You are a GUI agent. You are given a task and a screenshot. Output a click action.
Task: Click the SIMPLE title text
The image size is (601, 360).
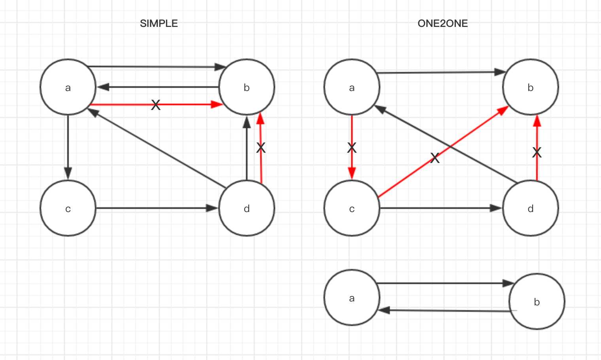click(x=159, y=24)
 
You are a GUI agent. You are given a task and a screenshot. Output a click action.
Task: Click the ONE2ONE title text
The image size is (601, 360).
click(x=442, y=24)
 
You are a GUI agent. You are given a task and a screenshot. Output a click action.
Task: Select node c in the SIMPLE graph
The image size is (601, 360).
click(x=68, y=208)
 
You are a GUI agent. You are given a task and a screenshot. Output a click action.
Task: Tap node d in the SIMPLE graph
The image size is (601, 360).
click(x=246, y=208)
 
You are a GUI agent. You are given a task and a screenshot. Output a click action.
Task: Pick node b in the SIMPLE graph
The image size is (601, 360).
click(x=246, y=87)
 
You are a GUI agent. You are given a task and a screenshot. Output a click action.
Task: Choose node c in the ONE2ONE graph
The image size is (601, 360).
click(x=352, y=208)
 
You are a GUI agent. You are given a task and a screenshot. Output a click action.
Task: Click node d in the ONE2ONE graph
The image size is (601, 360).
click(x=530, y=208)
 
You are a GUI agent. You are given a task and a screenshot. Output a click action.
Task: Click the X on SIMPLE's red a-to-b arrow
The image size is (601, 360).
click(x=156, y=105)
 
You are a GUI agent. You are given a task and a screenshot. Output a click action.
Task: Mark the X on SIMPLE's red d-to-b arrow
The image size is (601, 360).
click(x=261, y=148)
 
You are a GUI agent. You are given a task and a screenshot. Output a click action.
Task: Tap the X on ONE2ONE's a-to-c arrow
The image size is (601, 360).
click(x=352, y=148)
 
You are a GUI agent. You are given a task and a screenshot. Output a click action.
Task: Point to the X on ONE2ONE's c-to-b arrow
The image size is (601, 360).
click(x=435, y=158)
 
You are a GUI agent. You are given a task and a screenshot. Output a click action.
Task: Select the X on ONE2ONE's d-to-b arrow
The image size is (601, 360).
click(x=537, y=152)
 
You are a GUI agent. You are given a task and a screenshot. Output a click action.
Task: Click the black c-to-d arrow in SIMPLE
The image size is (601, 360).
click(x=154, y=208)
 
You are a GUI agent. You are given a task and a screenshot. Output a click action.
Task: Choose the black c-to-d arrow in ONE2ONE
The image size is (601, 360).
click(x=439, y=208)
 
